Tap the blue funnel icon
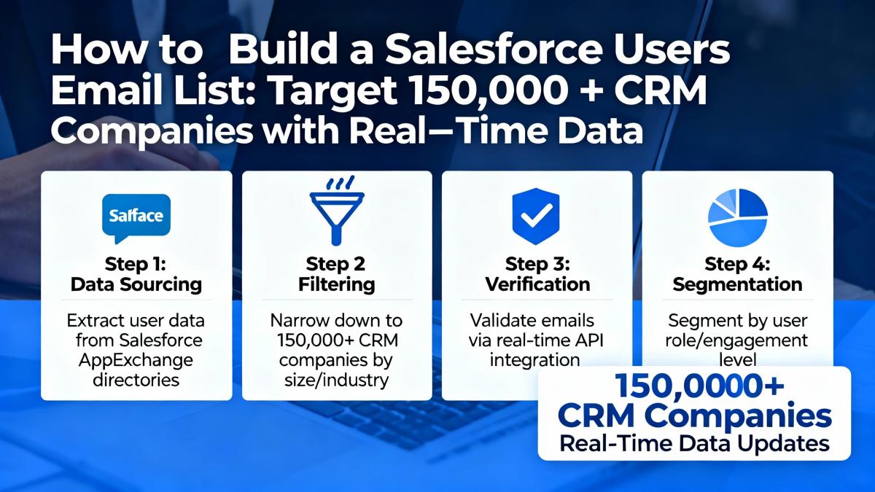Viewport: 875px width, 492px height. tap(337, 211)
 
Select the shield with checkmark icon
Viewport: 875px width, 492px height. tap(536, 216)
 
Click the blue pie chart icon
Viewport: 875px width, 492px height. tap(737, 218)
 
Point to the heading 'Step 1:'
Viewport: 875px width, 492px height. tap(135, 264)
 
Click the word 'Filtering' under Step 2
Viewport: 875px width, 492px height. tap(337, 284)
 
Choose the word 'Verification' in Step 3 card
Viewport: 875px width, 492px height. tap(537, 284)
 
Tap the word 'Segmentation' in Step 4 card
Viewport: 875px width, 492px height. tap(737, 284)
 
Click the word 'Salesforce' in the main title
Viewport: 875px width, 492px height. tap(494, 49)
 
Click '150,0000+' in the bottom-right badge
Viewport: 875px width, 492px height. tap(699, 386)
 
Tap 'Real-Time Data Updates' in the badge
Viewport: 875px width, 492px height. tap(694, 444)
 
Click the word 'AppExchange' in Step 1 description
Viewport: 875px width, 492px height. tap(136, 360)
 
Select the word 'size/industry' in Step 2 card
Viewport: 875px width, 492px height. tap(336, 380)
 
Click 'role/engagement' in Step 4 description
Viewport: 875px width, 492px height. tap(736, 341)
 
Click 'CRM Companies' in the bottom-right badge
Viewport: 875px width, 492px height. tap(694, 415)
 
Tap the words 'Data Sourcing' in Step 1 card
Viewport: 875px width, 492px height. tap(136, 284)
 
